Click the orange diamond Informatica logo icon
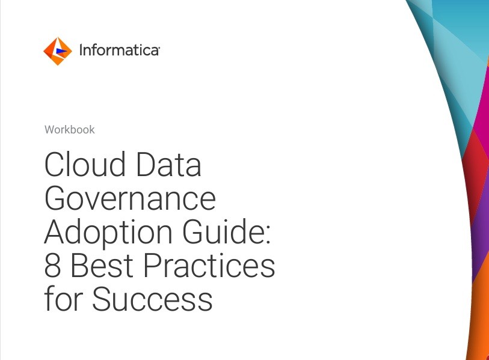pyautogui.click(x=58, y=51)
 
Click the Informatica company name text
pyautogui.click(x=120, y=50)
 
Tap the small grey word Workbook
pyautogui.click(x=70, y=130)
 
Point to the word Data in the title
pyautogui.click(x=169, y=164)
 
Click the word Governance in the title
pyautogui.click(x=130, y=198)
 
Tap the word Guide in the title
pyautogui.click(x=221, y=231)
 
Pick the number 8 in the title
pyautogui.click(x=53, y=265)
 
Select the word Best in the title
pyautogui.click(x=102, y=265)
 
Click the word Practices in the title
pyautogui.click(x=209, y=265)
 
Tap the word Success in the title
pyautogui.click(x=153, y=299)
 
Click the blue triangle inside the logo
pyautogui.click(x=61, y=51)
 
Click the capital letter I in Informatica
pyautogui.click(x=81, y=50)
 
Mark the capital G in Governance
pyautogui.click(x=57, y=198)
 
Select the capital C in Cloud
pyautogui.click(x=55, y=164)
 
